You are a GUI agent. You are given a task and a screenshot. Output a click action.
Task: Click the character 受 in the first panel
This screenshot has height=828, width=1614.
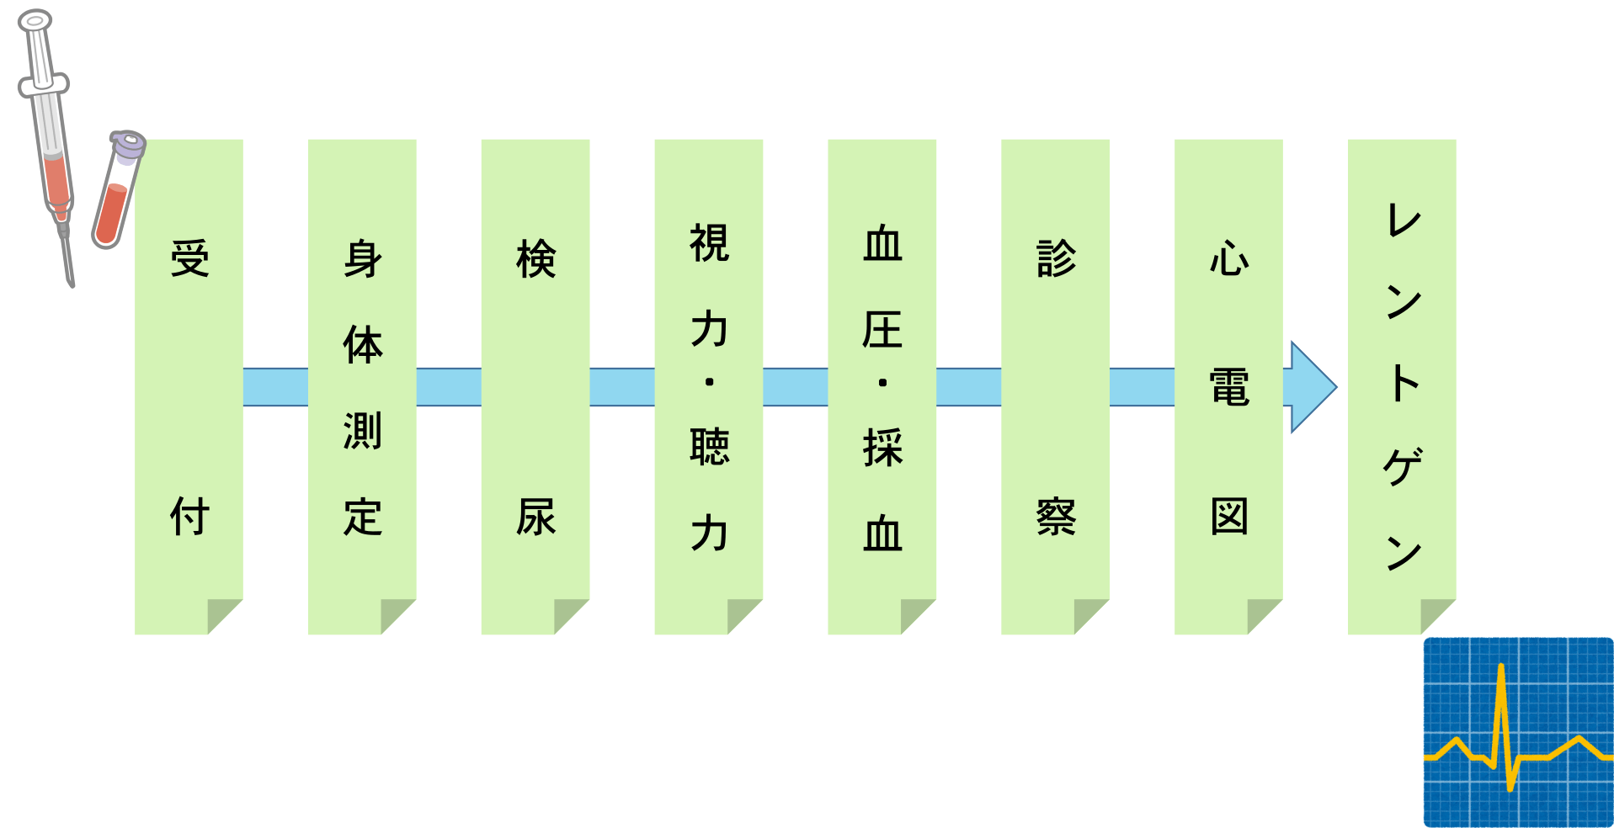point(189,258)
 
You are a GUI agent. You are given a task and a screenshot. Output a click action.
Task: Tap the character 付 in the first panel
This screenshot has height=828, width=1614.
point(189,516)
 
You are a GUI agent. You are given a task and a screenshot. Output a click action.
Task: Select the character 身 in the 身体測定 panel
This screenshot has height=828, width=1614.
point(363,258)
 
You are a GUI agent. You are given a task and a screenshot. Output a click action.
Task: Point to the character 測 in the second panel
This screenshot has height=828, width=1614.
point(363,430)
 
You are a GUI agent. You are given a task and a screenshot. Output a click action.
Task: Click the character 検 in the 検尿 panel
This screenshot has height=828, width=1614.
point(536,258)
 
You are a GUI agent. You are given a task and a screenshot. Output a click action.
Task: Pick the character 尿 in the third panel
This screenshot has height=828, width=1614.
point(536,516)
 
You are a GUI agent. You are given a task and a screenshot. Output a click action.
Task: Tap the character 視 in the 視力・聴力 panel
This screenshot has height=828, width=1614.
point(709,243)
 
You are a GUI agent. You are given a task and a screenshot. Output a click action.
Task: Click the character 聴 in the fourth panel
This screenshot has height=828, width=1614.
point(709,447)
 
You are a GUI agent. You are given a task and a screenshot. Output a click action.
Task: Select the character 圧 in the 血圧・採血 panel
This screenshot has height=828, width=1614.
point(882,329)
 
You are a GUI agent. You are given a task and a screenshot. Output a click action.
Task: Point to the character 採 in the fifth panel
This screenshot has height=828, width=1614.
point(882,447)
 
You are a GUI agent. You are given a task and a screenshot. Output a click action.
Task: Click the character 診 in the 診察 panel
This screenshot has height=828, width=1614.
point(1056,258)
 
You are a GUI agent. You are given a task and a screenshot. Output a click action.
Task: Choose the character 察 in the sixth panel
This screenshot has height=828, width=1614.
point(1056,516)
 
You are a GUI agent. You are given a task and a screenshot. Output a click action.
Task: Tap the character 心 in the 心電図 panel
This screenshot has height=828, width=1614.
point(1229,258)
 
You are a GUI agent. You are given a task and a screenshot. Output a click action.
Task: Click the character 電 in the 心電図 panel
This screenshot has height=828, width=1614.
point(1229,387)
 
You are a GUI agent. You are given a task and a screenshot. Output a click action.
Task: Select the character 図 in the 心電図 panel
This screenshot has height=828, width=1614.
point(1229,516)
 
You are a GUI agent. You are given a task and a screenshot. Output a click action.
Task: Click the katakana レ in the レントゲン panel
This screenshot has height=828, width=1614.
point(1404,220)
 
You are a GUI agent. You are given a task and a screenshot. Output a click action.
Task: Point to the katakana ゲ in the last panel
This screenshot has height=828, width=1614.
point(1403,466)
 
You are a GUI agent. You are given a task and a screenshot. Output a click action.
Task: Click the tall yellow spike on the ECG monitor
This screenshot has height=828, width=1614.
point(1502,724)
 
